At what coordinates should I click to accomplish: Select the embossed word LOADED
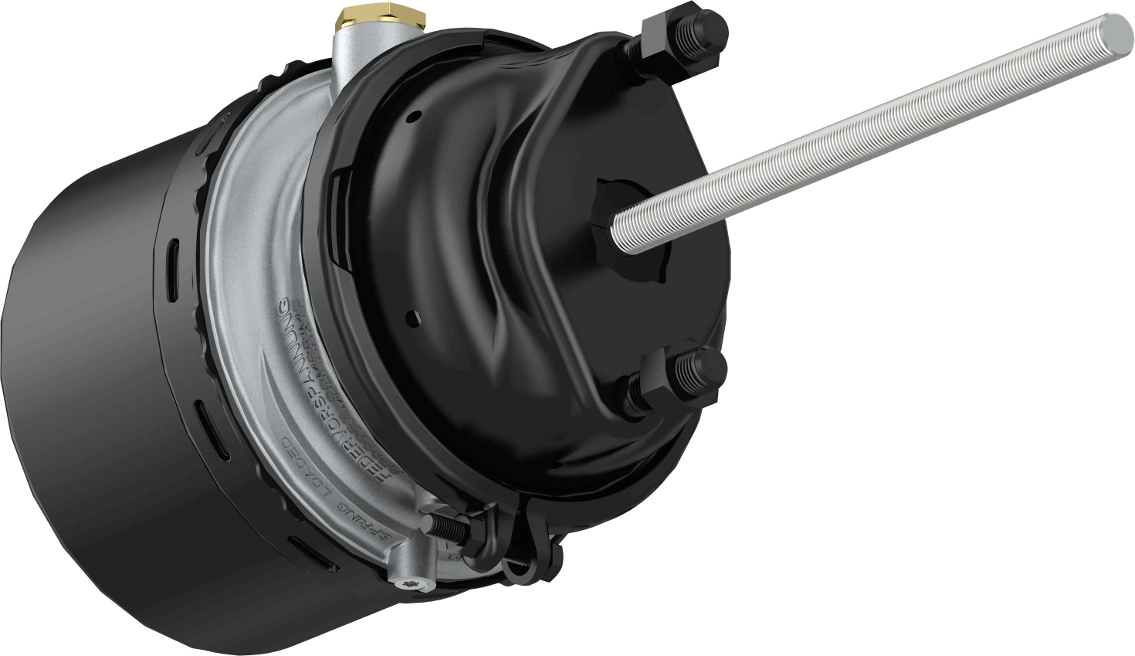[x=309, y=472]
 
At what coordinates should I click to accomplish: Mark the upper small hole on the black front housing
[x=417, y=116]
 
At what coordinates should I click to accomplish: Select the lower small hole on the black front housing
[x=415, y=316]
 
